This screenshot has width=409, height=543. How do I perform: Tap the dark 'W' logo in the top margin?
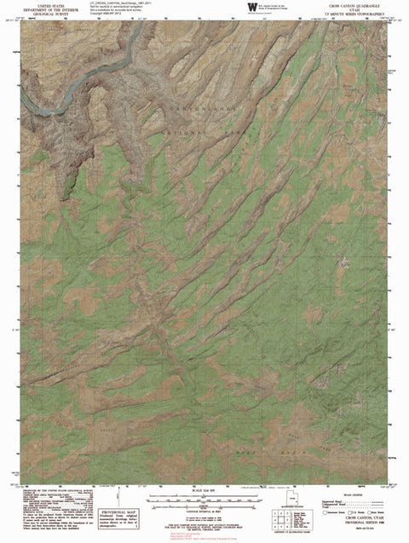click(251, 7)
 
